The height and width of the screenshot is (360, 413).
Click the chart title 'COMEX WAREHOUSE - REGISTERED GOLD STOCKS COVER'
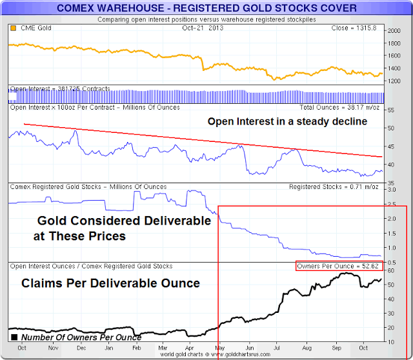[x=206, y=8]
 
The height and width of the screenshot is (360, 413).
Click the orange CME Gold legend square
[x=14, y=28]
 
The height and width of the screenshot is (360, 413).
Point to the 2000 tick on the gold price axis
[x=394, y=31]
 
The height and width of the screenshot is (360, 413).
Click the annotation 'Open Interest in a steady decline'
[x=287, y=121]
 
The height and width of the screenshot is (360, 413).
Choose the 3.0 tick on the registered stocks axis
[x=391, y=190]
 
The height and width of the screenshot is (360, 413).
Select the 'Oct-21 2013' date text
[x=203, y=28]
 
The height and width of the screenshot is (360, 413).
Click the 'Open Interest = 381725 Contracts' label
[x=59, y=88]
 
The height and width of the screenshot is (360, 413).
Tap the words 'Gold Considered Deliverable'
[x=122, y=221]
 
